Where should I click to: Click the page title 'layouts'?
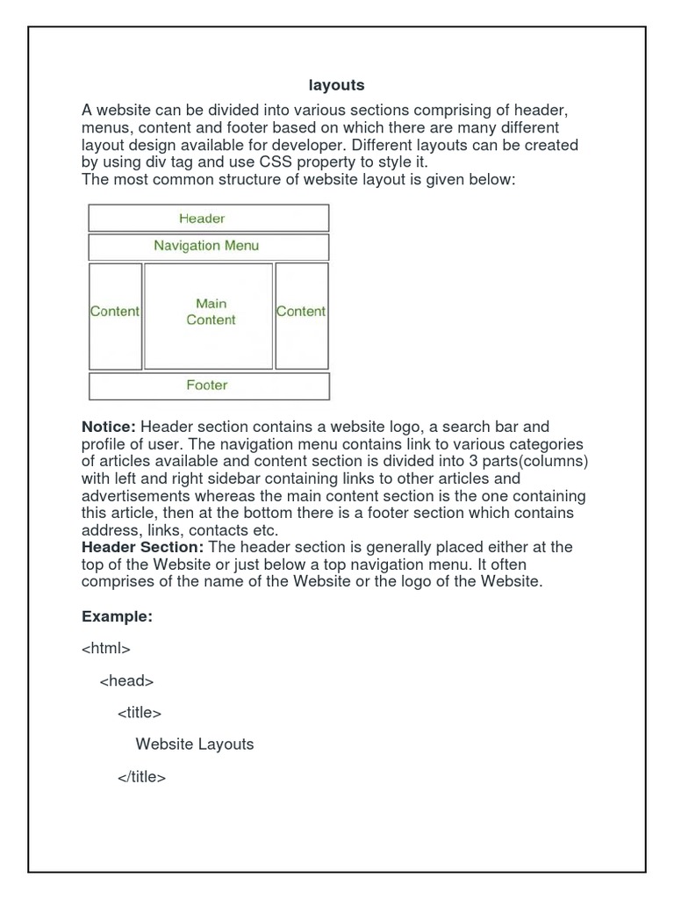pos(336,85)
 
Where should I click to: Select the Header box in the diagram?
pos(208,218)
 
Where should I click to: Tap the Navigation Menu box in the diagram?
pos(208,246)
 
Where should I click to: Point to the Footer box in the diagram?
pos(208,385)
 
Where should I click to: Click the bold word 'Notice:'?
pos(109,427)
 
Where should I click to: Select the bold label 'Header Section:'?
pos(143,547)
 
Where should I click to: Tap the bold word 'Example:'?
pos(118,617)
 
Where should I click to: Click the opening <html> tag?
pos(106,649)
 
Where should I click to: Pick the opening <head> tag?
pos(127,680)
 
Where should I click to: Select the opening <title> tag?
pos(140,713)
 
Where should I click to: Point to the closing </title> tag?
pos(141,777)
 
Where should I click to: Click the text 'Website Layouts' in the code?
pos(195,744)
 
